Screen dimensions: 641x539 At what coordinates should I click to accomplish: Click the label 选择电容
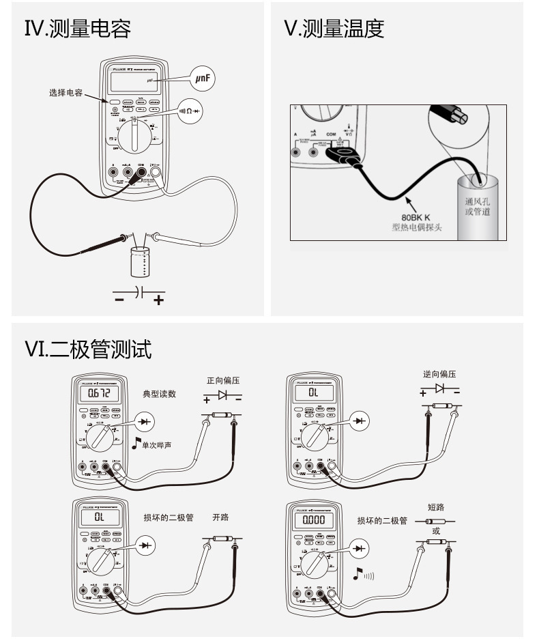coord(65,93)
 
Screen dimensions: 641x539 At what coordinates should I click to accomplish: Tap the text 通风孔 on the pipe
coord(477,201)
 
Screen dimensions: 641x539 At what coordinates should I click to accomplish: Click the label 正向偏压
coord(224,381)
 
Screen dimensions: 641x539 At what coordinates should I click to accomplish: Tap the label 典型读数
coord(160,394)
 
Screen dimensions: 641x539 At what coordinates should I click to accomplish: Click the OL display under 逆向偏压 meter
coord(313,394)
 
